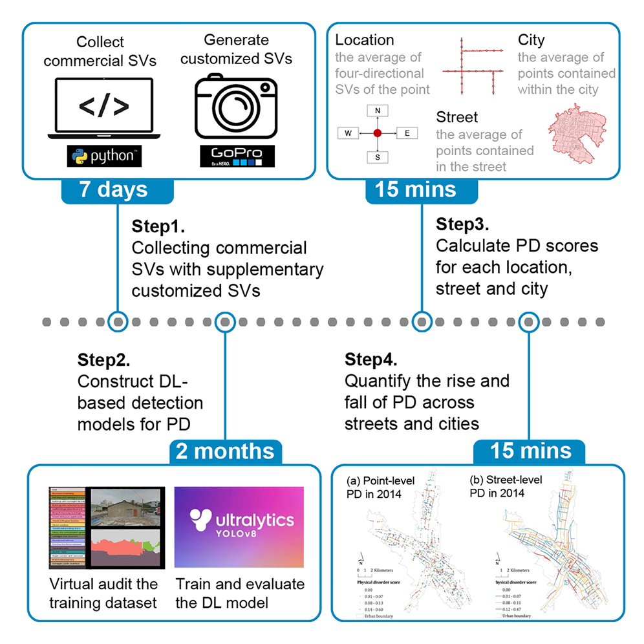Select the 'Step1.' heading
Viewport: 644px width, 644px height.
tap(158, 226)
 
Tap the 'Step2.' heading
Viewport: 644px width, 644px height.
tap(103, 359)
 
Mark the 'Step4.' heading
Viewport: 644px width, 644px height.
tap(371, 359)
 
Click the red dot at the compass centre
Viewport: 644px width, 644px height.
tap(378, 134)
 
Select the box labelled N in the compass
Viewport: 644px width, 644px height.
tap(378, 111)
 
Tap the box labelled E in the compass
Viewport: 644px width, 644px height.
tap(407, 134)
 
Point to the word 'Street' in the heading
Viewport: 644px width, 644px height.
tap(456, 118)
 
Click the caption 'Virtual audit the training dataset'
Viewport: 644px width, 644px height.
tap(103, 594)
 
